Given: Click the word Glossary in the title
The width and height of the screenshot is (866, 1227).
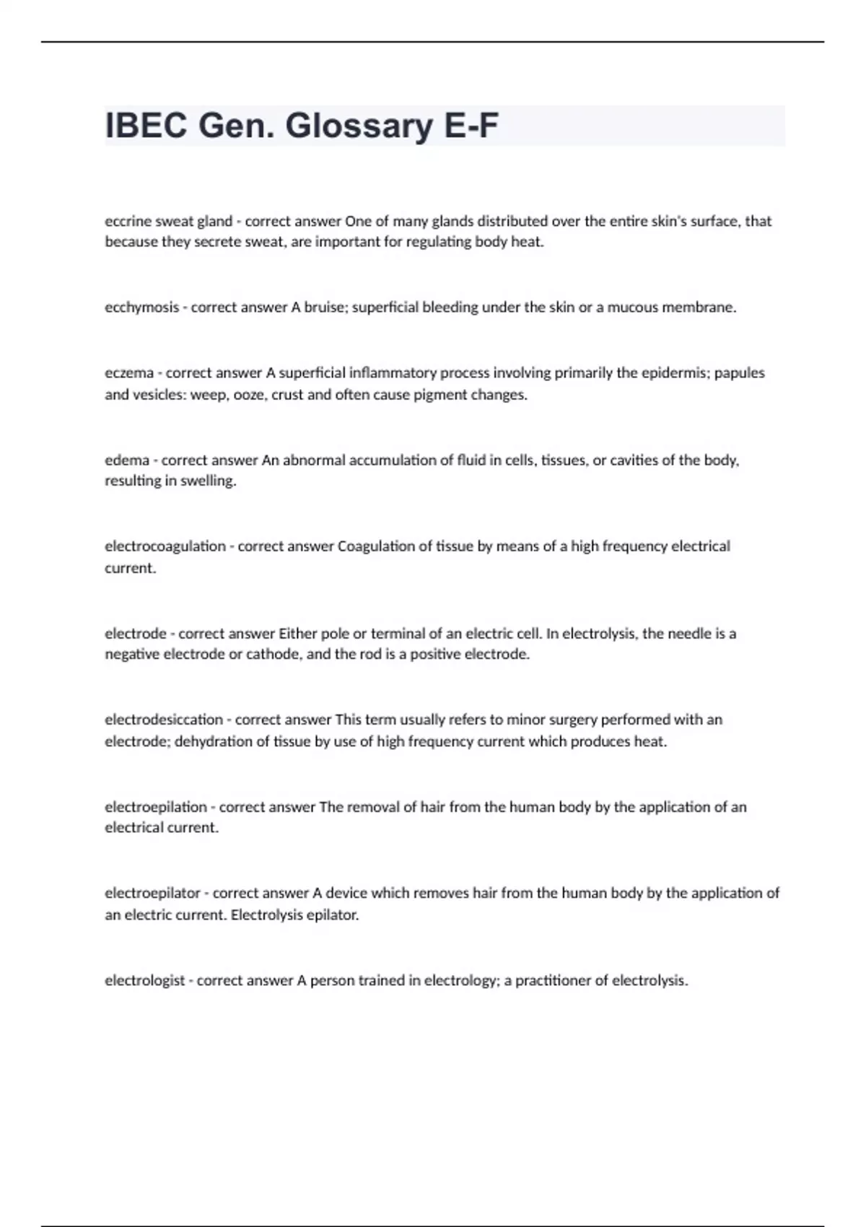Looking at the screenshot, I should pyautogui.click(x=359, y=126).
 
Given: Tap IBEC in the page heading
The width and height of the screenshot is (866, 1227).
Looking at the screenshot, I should pyautogui.click(x=147, y=126).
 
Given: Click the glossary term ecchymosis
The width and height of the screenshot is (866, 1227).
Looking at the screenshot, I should pyautogui.click(x=141, y=307).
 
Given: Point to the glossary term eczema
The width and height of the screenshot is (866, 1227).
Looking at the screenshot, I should pyautogui.click(x=129, y=373).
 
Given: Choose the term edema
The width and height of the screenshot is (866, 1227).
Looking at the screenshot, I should pyautogui.click(x=127, y=460).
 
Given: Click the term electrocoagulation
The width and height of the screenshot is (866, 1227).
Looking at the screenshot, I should pyautogui.click(x=165, y=546).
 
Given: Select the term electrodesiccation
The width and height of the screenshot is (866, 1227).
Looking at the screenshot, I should pyautogui.click(x=164, y=720).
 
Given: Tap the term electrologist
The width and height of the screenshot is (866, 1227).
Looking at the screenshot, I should pyautogui.click(x=144, y=981).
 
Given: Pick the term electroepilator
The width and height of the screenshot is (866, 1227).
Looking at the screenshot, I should pyautogui.click(x=152, y=894).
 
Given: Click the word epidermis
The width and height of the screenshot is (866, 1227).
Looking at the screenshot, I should pyautogui.click(x=670, y=373).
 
